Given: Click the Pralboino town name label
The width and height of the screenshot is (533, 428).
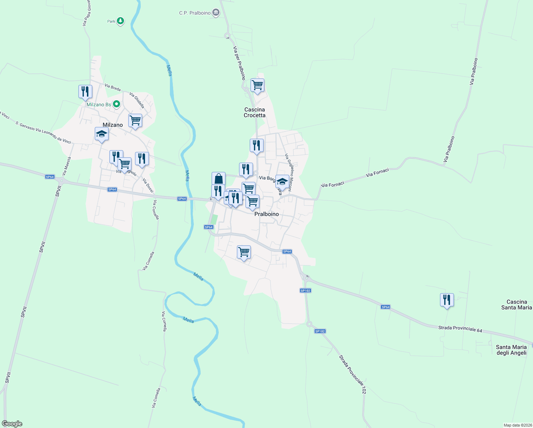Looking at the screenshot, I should coord(266,214).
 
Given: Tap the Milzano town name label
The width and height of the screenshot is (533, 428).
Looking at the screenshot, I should coord(113,125).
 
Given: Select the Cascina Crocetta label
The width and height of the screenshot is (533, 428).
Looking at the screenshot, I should coord(254,112).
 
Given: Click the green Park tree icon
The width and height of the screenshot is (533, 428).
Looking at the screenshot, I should coord(121,21).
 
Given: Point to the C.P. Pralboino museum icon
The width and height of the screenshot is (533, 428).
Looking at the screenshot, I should coord(216,13).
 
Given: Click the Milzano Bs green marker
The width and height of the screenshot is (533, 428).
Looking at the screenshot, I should coord(116,105).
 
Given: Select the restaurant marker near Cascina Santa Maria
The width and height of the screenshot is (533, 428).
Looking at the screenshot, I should coord(447,300).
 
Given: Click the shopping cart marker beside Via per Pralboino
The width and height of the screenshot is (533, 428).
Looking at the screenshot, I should coord(257,85).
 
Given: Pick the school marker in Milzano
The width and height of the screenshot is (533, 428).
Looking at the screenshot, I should coord(102,134).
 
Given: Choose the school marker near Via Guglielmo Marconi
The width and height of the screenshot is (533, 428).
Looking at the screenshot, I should coord(282,182).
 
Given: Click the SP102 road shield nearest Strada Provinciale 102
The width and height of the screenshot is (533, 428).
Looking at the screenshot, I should coord(320,331).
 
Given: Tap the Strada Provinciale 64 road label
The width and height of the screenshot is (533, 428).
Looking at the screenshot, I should coord(460,329).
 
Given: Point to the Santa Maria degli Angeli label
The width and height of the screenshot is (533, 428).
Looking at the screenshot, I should coord(511,350).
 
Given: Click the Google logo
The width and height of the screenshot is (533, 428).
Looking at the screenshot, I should coord(12,424).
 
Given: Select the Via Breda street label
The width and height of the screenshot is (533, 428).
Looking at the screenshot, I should coord(113,87).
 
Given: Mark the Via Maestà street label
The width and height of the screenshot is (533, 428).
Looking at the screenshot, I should coord(67,166).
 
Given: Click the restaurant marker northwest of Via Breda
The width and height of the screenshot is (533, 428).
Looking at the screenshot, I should coord(85,91).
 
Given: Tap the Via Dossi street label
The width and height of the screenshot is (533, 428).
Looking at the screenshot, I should coord(148,185).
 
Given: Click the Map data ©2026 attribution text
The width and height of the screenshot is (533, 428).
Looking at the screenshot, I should coord(517,425).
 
